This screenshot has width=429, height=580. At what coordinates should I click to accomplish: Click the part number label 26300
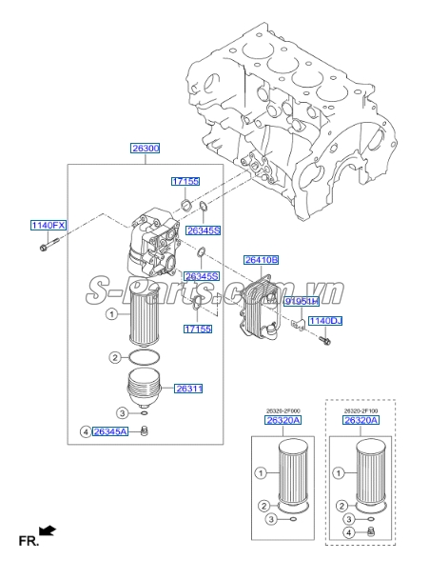click(x=145, y=149)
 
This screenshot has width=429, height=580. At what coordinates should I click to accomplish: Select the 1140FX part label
click(x=48, y=226)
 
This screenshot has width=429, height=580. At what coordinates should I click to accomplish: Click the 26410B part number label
click(x=261, y=259)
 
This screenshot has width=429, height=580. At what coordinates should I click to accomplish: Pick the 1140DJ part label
click(x=323, y=322)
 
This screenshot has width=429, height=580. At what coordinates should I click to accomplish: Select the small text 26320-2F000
click(x=283, y=410)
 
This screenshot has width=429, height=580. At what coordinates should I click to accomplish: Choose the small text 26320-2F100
click(x=360, y=410)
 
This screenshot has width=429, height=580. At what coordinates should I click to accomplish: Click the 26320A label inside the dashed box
click(x=361, y=420)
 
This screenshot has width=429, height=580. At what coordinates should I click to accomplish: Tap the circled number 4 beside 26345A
click(x=85, y=432)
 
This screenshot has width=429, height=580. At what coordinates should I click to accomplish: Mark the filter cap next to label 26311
click(x=146, y=389)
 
